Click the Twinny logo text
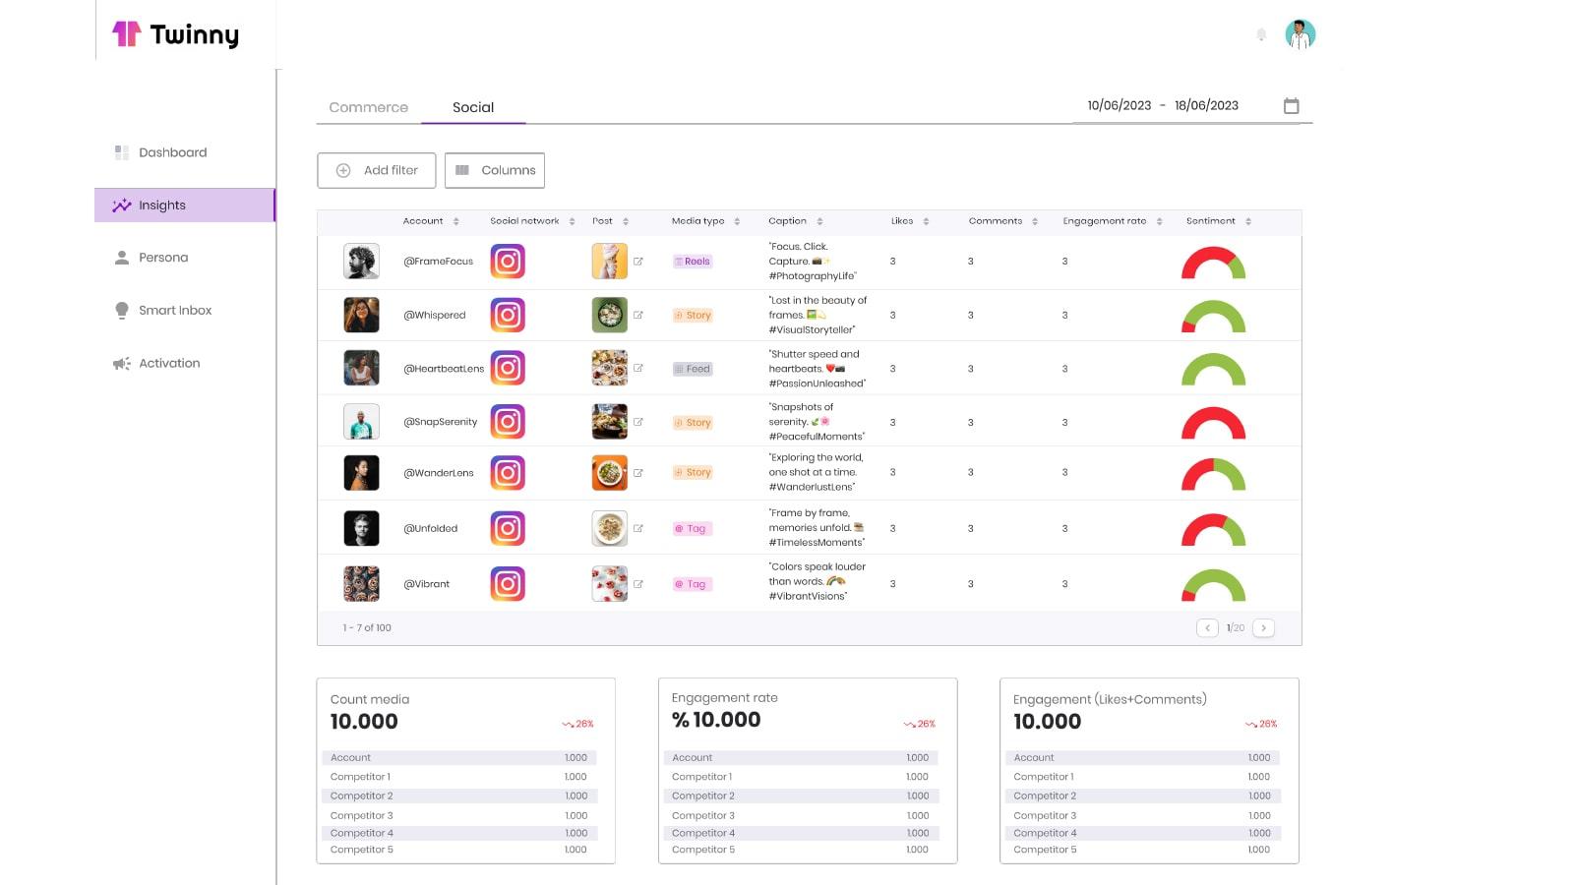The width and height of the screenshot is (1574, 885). point(194,35)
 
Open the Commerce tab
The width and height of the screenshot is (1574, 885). point(368,107)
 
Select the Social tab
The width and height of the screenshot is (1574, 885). point(473,107)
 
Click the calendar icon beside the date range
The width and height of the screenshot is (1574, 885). point(1291,106)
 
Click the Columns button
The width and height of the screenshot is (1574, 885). point(495,170)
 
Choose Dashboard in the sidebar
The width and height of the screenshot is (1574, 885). point(172,152)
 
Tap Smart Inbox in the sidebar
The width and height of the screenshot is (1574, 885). point(175,310)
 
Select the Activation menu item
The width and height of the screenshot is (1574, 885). point(169,363)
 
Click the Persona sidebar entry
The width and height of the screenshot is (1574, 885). point(163,258)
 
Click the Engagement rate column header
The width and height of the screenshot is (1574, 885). point(1104,221)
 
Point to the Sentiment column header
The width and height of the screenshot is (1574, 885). point(1210,221)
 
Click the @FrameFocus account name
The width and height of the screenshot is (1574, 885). point(438,262)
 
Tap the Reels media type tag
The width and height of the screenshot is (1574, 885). point(693,262)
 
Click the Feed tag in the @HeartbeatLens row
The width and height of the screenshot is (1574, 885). point(693,369)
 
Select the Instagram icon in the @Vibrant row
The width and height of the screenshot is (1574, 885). point(508,584)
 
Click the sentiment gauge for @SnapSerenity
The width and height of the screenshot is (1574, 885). point(1213,424)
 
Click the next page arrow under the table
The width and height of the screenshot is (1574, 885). point(1264,627)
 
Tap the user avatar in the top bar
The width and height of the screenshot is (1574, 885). point(1300,35)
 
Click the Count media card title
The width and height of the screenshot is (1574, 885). point(370,699)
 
